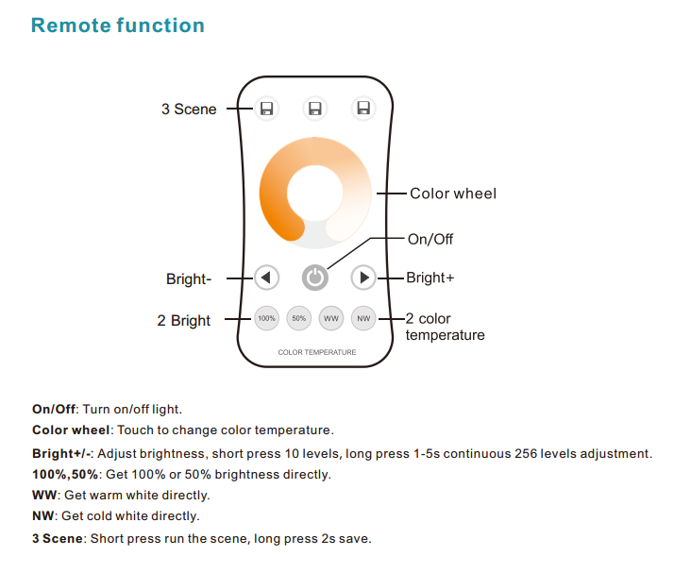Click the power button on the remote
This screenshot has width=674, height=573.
click(315, 278)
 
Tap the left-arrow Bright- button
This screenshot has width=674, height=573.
click(266, 278)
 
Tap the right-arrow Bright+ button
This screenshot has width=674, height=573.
click(363, 278)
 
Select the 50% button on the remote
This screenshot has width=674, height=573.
click(298, 318)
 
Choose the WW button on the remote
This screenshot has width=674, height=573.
click(331, 318)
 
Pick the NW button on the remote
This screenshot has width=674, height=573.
click(363, 318)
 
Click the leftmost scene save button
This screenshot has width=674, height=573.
click(266, 109)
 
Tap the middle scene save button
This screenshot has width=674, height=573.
click(315, 109)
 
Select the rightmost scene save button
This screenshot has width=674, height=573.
click(363, 108)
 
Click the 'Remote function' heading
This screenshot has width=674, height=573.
click(118, 25)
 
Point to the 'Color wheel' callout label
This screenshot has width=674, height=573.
click(453, 194)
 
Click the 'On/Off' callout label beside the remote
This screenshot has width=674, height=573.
click(430, 239)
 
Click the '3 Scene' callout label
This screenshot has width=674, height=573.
click(189, 110)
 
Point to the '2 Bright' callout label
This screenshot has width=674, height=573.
click(183, 321)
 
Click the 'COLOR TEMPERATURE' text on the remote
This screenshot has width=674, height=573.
click(317, 352)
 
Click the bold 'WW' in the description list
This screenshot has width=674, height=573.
click(44, 496)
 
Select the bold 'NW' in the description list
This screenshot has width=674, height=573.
click(43, 515)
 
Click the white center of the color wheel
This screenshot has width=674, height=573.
click(315, 193)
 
